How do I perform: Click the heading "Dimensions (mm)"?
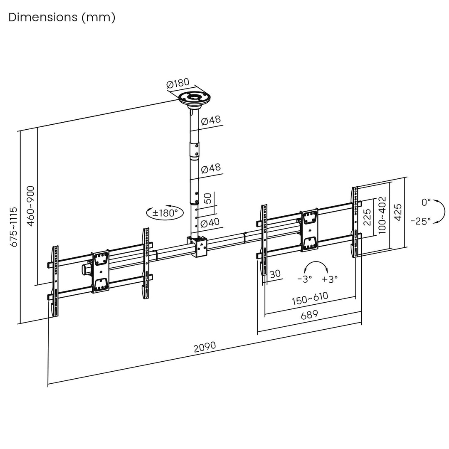62,17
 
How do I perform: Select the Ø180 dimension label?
178,84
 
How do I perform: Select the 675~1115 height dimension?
14,227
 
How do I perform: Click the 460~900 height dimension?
31,206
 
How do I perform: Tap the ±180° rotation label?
165,213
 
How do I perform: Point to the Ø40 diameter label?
210,223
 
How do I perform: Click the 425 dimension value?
398,213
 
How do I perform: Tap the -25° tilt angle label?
420,221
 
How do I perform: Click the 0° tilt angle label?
426,202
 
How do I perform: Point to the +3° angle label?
330,279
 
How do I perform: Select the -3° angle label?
305,279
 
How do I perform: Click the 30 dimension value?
275,274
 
